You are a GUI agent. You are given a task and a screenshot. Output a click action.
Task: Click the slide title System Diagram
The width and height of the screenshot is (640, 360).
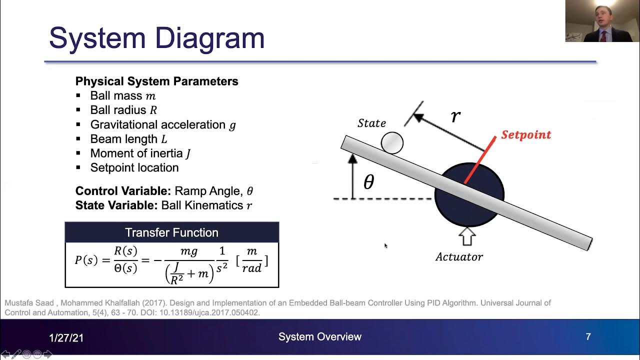point(156,38)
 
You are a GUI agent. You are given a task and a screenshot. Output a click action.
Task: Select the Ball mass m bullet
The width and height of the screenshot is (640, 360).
point(122,96)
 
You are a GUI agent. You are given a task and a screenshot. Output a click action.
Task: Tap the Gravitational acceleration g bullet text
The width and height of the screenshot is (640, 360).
point(162,125)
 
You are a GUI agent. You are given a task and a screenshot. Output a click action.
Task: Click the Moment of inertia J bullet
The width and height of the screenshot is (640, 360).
point(140,153)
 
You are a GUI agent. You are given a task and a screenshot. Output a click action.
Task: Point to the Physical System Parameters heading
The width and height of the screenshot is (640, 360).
point(156,81)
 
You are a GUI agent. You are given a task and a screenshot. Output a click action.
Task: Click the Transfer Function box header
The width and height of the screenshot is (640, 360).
point(171,232)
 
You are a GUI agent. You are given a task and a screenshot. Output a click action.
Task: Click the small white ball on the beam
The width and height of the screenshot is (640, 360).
point(392,142)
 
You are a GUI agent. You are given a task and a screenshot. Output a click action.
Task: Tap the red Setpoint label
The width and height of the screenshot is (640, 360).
point(526,135)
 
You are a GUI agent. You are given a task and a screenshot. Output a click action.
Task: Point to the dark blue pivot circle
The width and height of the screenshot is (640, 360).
point(469,210)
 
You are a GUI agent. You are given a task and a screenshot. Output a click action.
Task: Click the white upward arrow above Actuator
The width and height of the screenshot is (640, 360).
point(467,236)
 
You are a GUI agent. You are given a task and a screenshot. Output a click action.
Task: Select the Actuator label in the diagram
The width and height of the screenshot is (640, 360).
point(459,257)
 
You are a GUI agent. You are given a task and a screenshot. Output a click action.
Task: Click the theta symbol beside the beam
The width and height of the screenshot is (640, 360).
point(368,182)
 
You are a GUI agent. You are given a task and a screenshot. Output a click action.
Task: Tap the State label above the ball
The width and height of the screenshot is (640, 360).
point(371,123)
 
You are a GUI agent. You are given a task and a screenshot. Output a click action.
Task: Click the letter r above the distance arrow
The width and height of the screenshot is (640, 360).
point(455,116)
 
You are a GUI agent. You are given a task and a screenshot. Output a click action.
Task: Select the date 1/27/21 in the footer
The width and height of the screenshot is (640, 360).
point(66,338)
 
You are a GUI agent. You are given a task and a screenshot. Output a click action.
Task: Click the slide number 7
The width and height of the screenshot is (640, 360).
point(588,337)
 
